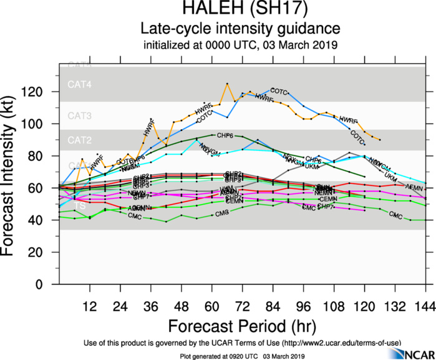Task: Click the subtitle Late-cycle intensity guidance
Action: [x=240, y=29]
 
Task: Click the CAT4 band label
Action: [x=79, y=84]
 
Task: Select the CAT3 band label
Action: [x=79, y=116]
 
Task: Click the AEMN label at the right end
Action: [x=414, y=187]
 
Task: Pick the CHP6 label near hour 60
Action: [x=224, y=135]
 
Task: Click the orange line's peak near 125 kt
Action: [x=227, y=84]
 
